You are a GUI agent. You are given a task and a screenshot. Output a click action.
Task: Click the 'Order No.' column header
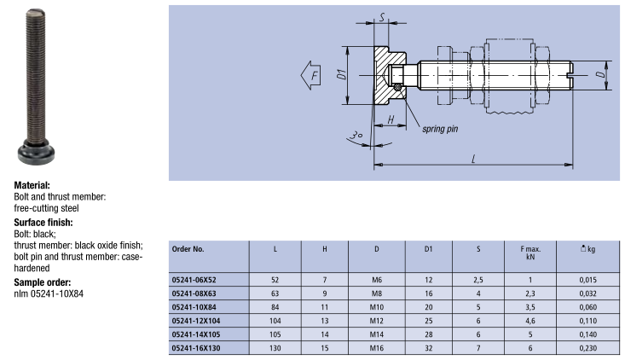click(188, 249)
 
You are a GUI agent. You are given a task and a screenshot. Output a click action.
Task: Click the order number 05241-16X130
click(199, 348)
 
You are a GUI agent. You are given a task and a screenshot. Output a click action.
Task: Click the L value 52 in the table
click(275, 279)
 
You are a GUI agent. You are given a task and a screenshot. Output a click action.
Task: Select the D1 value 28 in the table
click(428, 334)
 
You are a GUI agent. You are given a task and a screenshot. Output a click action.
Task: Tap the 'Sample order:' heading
click(42, 282)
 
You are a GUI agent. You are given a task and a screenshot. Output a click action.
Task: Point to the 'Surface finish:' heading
click(43, 222)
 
